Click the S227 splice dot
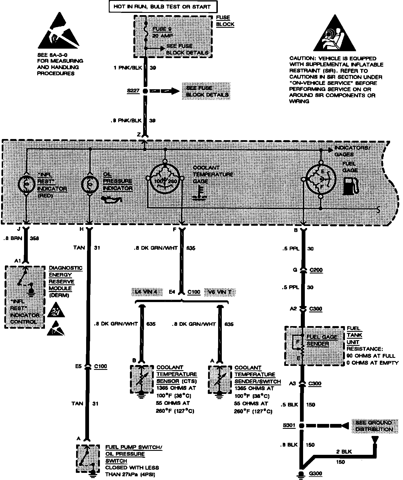pyautogui.click(x=145, y=91)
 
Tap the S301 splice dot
pyautogui.click(x=301, y=426)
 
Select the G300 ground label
pyautogui.click(x=315, y=473)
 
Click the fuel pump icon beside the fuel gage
pyautogui.click(x=350, y=186)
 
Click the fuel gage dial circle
pyautogui.click(x=320, y=180)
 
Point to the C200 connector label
pyautogui.click(x=316, y=270)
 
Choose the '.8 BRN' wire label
pyautogui.click(x=13, y=238)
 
